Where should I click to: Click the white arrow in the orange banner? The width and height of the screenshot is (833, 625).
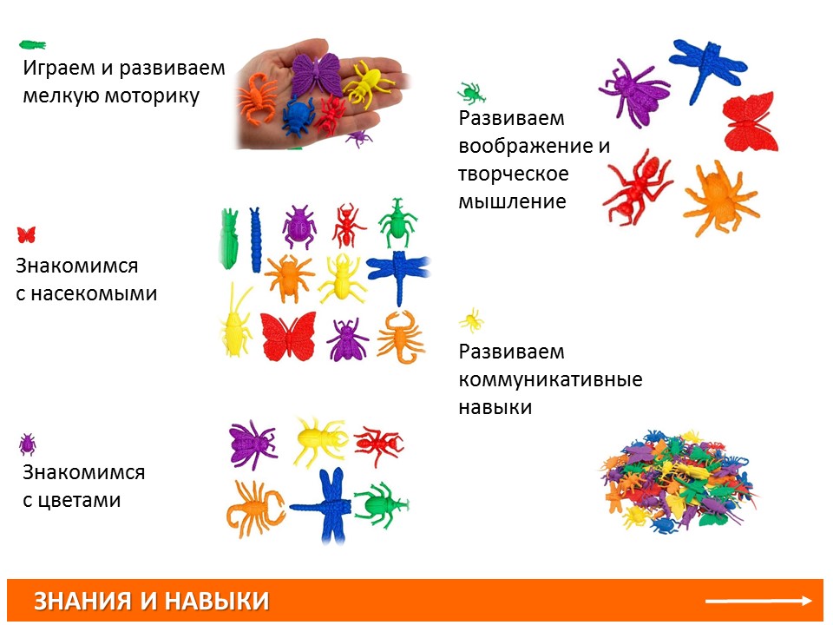pyautogui.click(x=758, y=601)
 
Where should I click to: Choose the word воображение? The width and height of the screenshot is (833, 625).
pyautogui.click(x=526, y=146)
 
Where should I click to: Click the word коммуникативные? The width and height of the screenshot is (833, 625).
pyautogui.click(x=550, y=379)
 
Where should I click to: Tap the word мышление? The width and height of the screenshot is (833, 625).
pyautogui.click(x=512, y=202)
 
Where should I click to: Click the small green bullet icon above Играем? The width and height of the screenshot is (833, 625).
pyautogui.click(x=32, y=44)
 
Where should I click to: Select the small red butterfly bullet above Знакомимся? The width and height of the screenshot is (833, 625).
pyautogui.click(x=26, y=235)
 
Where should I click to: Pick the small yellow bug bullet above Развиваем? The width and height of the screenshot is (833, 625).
pyautogui.click(x=471, y=321)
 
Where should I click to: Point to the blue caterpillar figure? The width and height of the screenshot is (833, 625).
pyautogui.click(x=255, y=240)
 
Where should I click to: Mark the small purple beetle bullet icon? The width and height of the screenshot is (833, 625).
pyautogui.click(x=27, y=444)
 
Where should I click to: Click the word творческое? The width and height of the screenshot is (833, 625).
pyautogui.click(x=513, y=174)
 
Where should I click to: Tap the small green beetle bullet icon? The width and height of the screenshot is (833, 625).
pyautogui.click(x=471, y=93)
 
